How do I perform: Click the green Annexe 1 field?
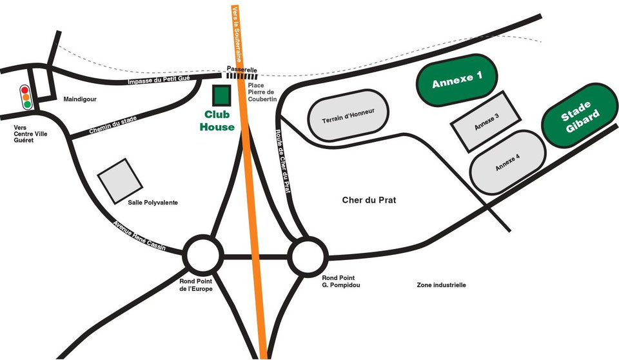pyautogui.click(x=457, y=79)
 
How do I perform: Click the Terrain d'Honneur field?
pyautogui.click(x=348, y=115)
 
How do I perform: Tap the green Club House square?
pyautogui.click(x=221, y=95)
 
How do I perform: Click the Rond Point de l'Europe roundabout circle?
pyautogui.click(x=204, y=256)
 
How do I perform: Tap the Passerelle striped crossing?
pyautogui.click(x=242, y=76)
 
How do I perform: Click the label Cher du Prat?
pyautogui.click(x=368, y=201)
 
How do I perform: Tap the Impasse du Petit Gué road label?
pyautogui.click(x=159, y=81)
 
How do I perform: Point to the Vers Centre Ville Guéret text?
pyautogui.click(x=27, y=134)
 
